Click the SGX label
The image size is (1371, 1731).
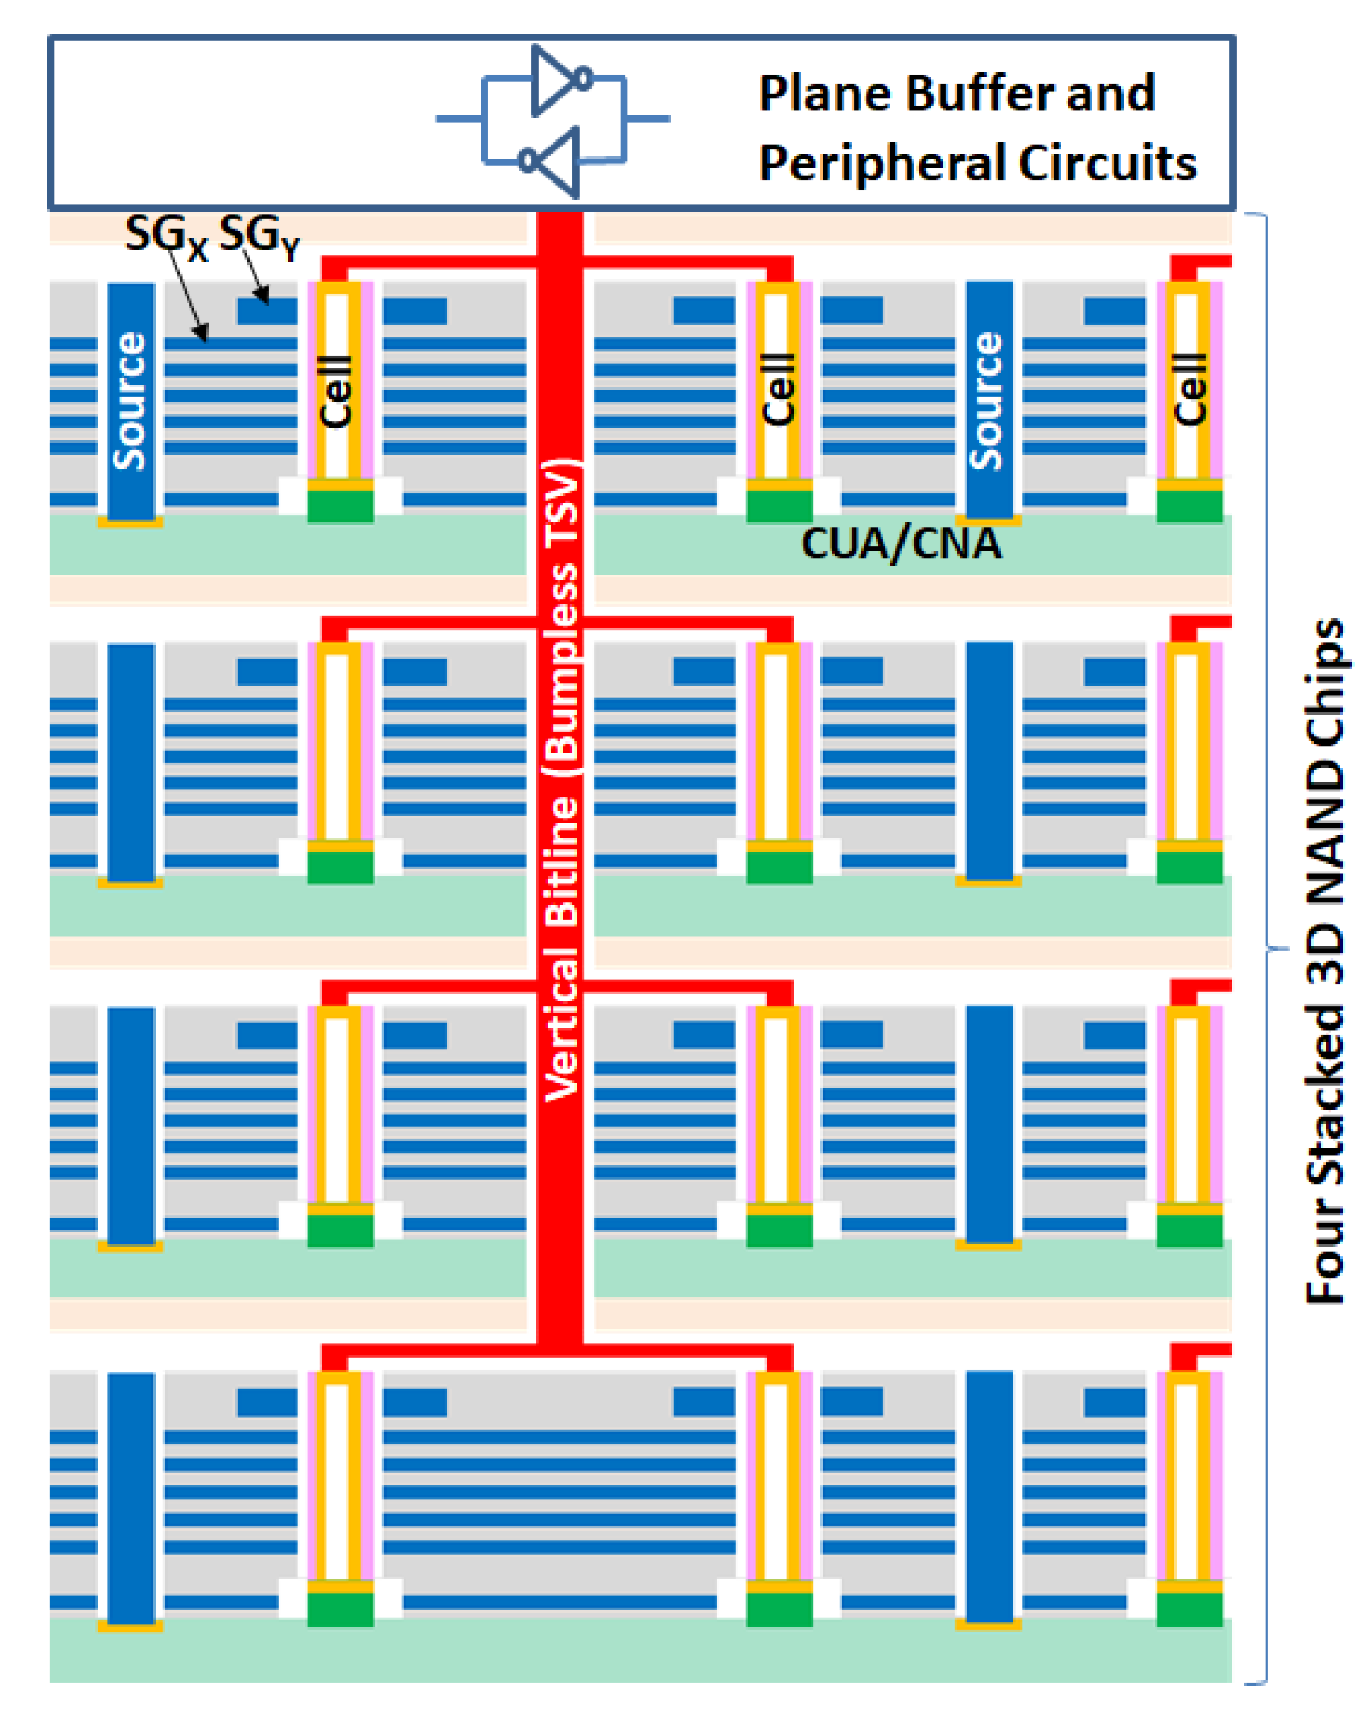165,236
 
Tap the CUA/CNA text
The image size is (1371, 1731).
901,543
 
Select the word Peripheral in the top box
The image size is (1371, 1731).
882,164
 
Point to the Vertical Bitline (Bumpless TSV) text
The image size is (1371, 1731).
561,779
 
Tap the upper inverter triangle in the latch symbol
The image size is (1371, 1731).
554,80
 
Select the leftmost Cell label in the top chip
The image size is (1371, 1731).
336,391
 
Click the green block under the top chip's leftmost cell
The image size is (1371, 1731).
341,506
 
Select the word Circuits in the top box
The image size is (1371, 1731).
1107,164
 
